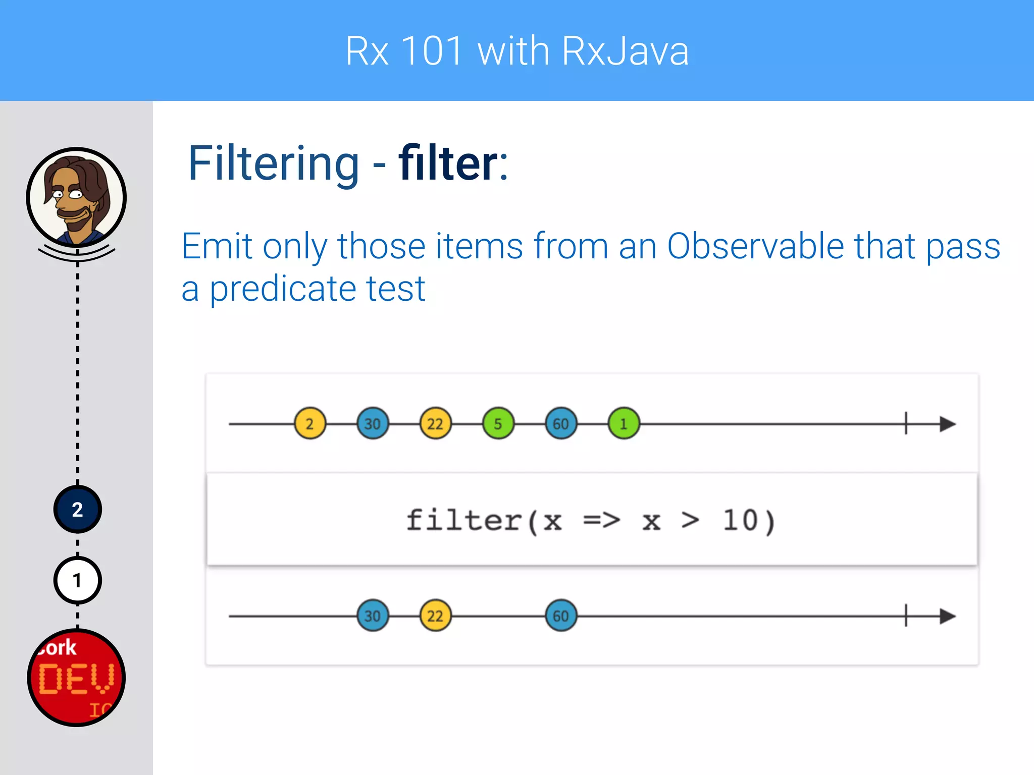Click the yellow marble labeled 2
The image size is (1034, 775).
(x=309, y=423)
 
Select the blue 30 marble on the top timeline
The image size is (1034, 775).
(x=373, y=423)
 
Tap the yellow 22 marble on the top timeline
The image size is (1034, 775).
(x=435, y=423)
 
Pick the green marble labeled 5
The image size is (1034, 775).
(x=498, y=423)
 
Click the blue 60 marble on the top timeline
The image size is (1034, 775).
(x=561, y=423)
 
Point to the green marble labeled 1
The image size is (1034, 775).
(x=624, y=423)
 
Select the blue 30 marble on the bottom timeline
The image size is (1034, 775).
(x=373, y=616)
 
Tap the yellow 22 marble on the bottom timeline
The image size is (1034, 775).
(x=435, y=616)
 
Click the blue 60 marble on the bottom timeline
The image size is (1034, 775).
(x=561, y=616)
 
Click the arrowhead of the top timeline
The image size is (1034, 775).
(x=947, y=424)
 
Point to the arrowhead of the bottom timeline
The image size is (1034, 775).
(x=947, y=616)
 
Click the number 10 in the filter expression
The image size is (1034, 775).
(x=740, y=520)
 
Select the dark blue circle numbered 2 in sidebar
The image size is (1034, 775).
(x=77, y=510)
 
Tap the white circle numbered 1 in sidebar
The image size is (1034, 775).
(x=77, y=580)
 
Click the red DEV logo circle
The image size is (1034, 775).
(x=76, y=678)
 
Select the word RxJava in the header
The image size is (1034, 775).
(x=625, y=51)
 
